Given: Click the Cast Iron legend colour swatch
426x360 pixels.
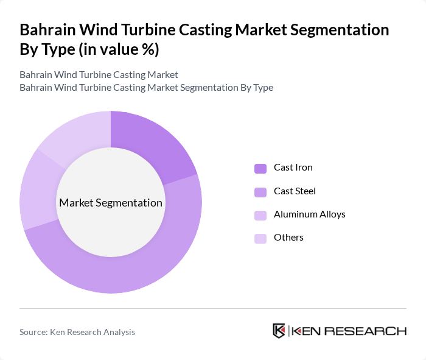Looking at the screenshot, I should pyautogui.click(x=260, y=168).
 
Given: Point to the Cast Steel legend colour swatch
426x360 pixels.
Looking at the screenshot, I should pyautogui.click(x=260, y=192).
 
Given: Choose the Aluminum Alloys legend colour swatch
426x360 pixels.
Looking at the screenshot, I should pyautogui.click(x=260, y=215).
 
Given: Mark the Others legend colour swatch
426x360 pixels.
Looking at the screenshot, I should pyautogui.click(x=260, y=238).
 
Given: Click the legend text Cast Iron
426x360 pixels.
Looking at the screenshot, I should pyautogui.click(x=293, y=168).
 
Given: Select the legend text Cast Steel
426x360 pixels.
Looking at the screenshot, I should pyautogui.click(x=295, y=191).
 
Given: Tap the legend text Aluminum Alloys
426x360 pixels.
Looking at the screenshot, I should pyautogui.click(x=310, y=214).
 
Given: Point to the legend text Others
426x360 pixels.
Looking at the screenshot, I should pyautogui.click(x=288, y=238).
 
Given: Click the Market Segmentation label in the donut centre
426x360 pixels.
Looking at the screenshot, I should pyautogui.click(x=111, y=203).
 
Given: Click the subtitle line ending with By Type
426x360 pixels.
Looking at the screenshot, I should pyautogui.click(x=146, y=88).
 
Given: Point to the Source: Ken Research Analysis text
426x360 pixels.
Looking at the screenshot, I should pyautogui.click(x=77, y=332).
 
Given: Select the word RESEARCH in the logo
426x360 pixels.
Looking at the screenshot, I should pyautogui.click(x=371, y=331).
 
